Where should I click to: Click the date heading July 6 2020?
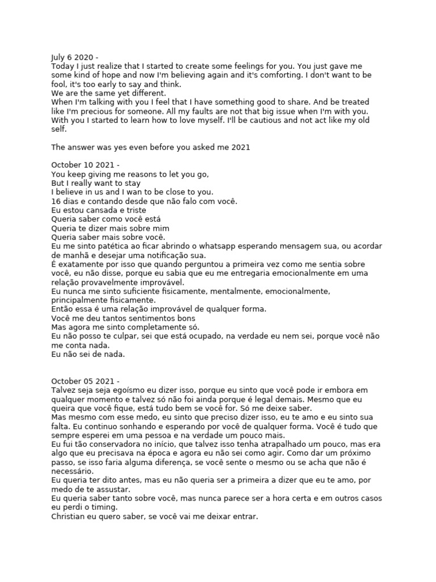tap(74, 57)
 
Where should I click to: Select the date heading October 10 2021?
tap(85, 165)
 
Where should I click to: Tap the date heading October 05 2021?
tap(85, 381)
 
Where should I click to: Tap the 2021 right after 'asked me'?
tap(241, 147)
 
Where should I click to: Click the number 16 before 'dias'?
tap(56, 201)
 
